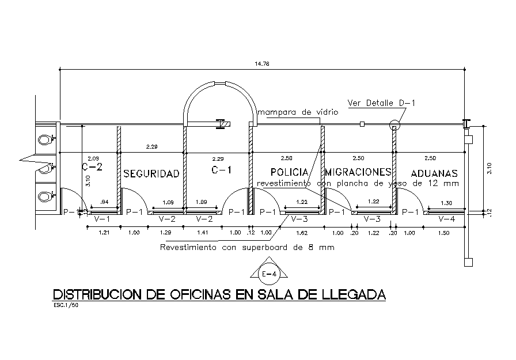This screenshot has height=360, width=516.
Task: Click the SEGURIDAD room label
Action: click(x=151, y=173)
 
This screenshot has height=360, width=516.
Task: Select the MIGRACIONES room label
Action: click(x=358, y=172)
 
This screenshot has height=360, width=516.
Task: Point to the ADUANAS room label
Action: click(x=434, y=173)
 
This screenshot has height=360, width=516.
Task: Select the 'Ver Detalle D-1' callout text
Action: click(x=381, y=103)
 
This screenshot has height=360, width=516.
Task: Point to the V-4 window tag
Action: click(x=446, y=219)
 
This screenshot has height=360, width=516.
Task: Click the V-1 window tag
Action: click(x=103, y=219)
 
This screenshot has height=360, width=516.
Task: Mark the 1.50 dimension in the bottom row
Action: click(x=443, y=233)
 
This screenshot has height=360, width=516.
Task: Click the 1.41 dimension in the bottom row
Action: click(x=203, y=233)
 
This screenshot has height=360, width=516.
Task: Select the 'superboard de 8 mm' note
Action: click(x=290, y=248)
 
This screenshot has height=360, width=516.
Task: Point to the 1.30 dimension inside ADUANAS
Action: click(x=446, y=203)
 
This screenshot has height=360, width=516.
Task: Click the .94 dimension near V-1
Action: click(x=104, y=203)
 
